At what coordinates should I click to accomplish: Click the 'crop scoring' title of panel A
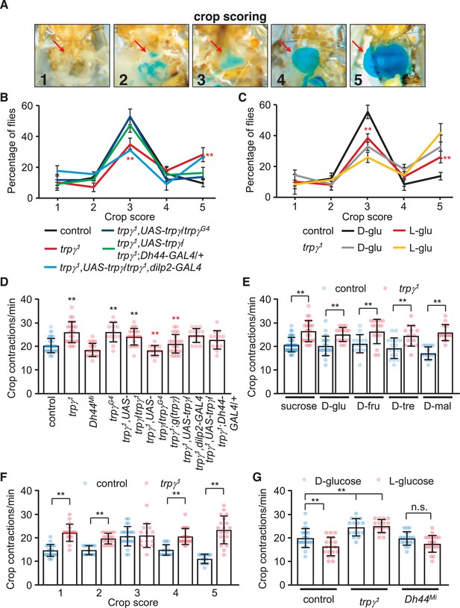(230, 16)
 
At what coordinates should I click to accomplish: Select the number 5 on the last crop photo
(358, 80)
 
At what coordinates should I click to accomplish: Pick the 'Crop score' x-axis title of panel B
(130, 217)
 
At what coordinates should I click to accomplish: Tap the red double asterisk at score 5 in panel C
(447, 158)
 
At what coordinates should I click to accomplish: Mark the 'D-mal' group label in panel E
(438, 406)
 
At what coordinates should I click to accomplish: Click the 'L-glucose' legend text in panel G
(411, 481)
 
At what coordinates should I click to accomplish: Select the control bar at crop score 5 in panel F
(204, 572)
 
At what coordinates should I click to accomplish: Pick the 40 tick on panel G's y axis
(286, 491)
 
